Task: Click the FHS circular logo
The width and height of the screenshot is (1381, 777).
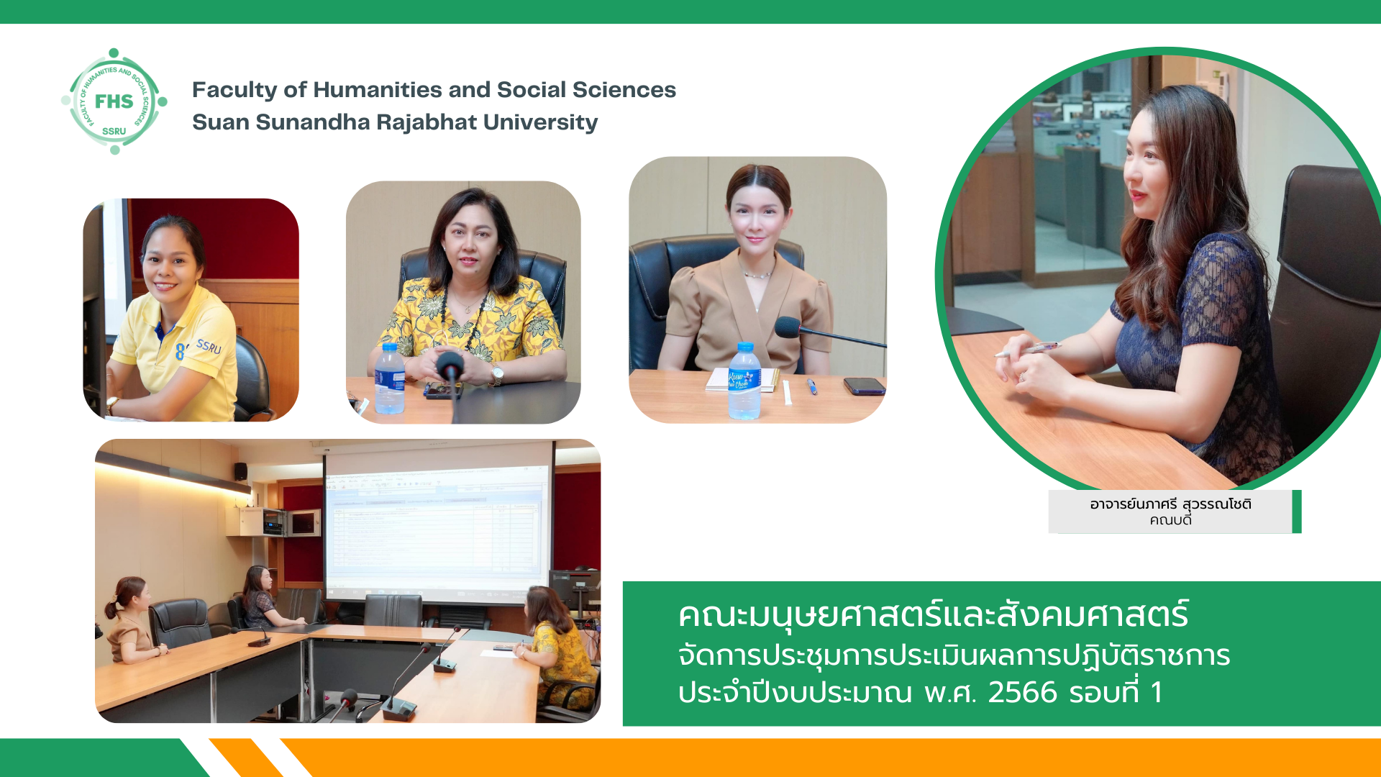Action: (x=114, y=101)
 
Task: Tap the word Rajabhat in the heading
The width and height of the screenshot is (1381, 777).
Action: (x=427, y=122)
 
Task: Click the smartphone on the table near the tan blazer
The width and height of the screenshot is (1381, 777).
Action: (x=864, y=386)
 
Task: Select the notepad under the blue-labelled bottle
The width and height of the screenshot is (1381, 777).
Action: (x=742, y=379)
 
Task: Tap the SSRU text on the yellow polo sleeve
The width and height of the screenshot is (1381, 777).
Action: (x=209, y=346)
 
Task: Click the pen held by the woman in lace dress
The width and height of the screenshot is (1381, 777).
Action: (x=1027, y=350)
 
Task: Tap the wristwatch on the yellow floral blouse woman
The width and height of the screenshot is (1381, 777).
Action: (x=496, y=374)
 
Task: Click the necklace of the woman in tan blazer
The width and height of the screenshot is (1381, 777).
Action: (x=755, y=273)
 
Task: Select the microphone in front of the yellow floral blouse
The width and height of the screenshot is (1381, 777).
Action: (x=451, y=381)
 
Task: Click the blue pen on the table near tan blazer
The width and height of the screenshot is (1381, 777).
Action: (x=812, y=386)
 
